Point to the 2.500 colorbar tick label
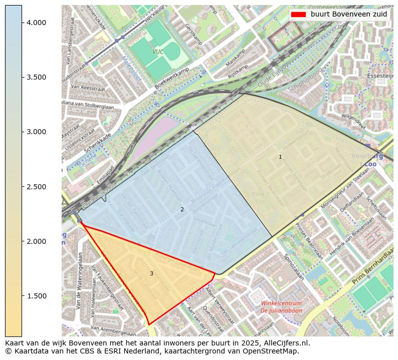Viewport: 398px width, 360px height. click(36, 187)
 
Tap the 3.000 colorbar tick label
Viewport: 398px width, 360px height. click(36, 132)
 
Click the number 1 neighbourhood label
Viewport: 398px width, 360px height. click(280, 157)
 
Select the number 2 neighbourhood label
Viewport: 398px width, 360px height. click(182, 209)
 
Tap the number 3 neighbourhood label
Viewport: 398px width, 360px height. click(151, 273)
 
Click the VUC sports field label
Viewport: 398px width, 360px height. click(158, 52)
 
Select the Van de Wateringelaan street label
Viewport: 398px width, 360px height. click(79, 280)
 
